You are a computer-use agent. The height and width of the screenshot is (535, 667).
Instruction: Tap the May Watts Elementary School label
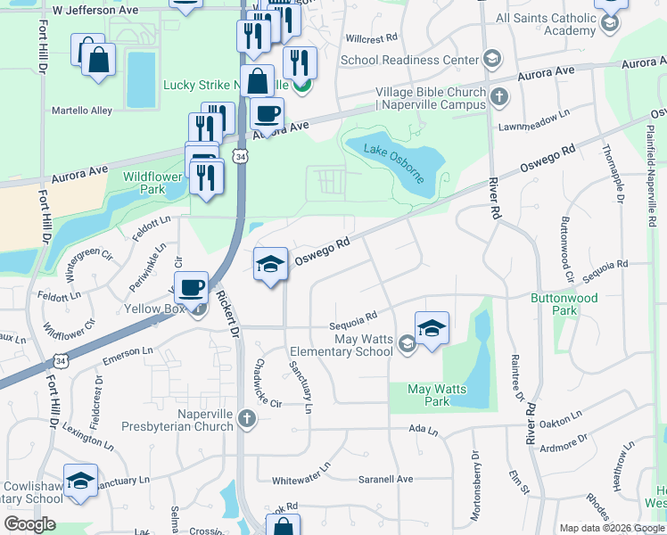[x=363, y=344]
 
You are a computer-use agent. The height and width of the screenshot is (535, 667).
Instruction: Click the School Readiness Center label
[x=410, y=60]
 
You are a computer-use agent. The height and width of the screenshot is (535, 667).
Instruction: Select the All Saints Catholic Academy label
[x=546, y=24]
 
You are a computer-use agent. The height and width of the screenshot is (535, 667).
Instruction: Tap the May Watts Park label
[x=431, y=395]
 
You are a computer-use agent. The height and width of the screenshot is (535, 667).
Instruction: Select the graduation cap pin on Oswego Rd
[x=270, y=264]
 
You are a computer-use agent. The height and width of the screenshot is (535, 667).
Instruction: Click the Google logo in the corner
[x=29, y=524]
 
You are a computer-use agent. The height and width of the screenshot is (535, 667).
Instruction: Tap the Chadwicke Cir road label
[x=262, y=382]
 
